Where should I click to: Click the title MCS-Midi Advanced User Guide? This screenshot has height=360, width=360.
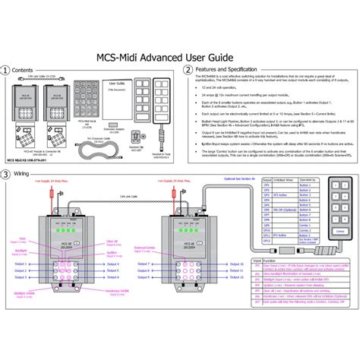179,55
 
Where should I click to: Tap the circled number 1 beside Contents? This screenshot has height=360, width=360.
6,70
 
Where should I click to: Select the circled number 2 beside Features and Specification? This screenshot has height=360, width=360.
188,70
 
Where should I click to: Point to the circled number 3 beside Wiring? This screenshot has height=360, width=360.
6,174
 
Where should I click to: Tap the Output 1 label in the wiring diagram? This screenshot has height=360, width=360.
21,264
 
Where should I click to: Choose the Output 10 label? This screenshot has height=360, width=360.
238,264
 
